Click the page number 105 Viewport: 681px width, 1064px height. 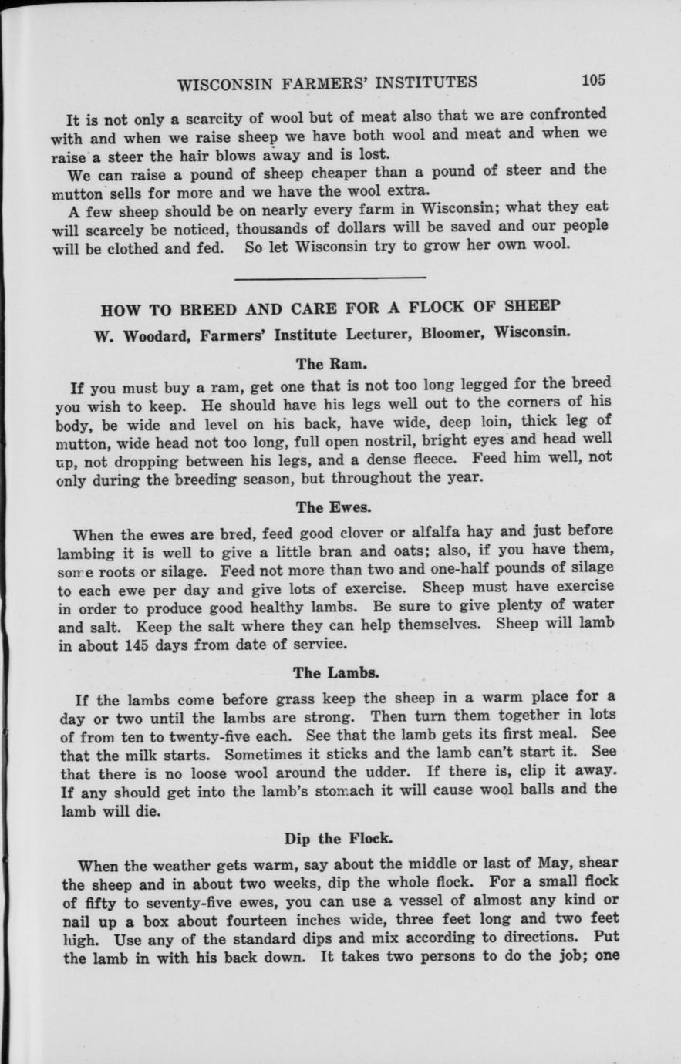595,79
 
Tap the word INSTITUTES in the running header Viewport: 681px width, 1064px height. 418,82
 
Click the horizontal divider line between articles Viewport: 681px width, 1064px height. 329,277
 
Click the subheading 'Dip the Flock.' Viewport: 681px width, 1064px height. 334,838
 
